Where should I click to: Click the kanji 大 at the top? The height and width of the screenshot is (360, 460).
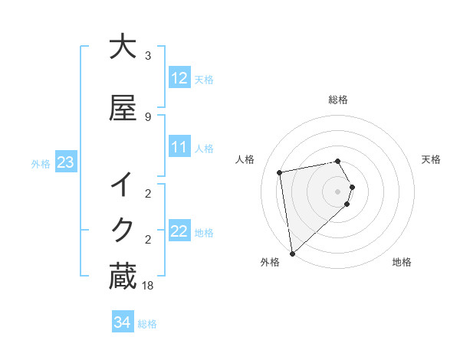click(x=123, y=47)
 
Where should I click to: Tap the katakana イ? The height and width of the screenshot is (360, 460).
click(x=123, y=185)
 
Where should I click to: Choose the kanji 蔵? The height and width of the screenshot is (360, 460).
click(x=123, y=277)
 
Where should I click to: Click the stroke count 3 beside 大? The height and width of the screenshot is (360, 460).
click(x=148, y=56)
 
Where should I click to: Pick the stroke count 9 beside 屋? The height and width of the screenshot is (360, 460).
click(x=148, y=116)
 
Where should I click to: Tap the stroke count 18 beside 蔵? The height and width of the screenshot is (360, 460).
click(x=148, y=286)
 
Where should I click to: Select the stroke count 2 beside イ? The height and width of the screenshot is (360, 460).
click(x=148, y=194)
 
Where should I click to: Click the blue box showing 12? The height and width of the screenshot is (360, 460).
click(x=179, y=78)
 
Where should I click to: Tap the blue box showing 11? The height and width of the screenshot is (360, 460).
click(x=179, y=147)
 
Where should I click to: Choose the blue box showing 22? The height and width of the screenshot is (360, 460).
click(x=179, y=231)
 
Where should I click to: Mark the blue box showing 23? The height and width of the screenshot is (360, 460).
click(x=65, y=162)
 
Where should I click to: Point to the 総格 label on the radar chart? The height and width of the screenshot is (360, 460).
click(x=338, y=100)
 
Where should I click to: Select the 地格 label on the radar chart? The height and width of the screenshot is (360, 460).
click(x=402, y=262)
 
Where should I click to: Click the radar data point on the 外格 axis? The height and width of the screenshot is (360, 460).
click(x=292, y=253)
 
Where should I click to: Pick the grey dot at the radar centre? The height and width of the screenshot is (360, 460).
click(x=338, y=191)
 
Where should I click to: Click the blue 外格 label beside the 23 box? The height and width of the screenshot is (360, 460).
click(x=40, y=163)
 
